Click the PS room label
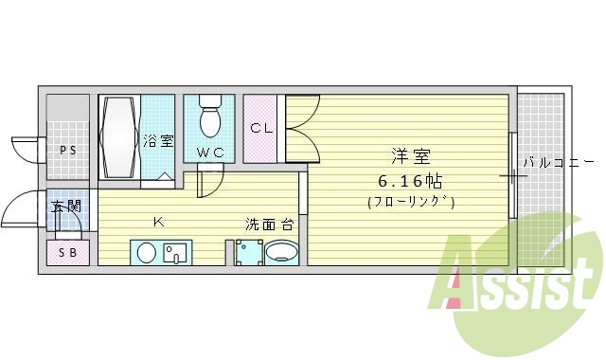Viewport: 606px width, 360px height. click(x=67, y=151)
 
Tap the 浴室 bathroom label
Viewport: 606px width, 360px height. click(x=158, y=141)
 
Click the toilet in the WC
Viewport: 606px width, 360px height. click(x=210, y=117)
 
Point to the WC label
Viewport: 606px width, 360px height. click(x=210, y=152)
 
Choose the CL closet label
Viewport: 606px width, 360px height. click(x=261, y=128)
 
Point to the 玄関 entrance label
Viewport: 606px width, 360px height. click(x=65, y=206)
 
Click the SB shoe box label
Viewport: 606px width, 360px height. click(x=67, y=252)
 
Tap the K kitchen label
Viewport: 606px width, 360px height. click(x=159, y=223)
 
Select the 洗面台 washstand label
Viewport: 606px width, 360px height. click(x=268, y=225)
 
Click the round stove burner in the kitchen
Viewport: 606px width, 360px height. click(x=146, y=252)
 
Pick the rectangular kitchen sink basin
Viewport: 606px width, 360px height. click(x=176, y=252)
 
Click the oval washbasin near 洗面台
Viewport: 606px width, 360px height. click(x=281, y=253)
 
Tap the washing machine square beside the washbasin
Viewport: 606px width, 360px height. click(x=249, y=253)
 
